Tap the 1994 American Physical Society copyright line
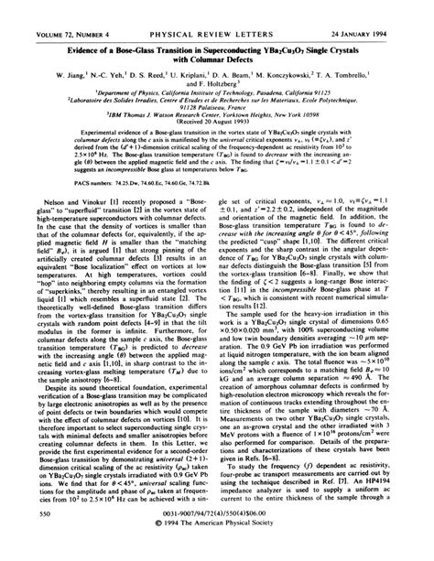pos(217,550)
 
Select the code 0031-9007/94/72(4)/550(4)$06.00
pos(217,539)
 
